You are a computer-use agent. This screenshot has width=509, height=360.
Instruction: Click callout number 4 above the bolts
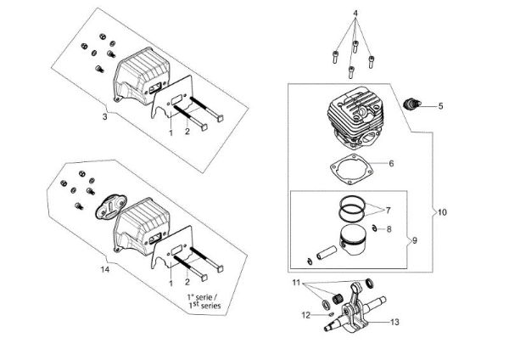(x=355, y=13)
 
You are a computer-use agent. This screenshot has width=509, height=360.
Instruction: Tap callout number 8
(x=389, y=229)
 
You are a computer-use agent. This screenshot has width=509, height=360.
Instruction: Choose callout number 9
(x=415, y=240)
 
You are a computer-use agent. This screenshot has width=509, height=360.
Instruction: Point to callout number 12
(x=305, y=315)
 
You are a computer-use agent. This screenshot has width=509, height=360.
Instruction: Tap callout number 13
(x=394, y=323)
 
